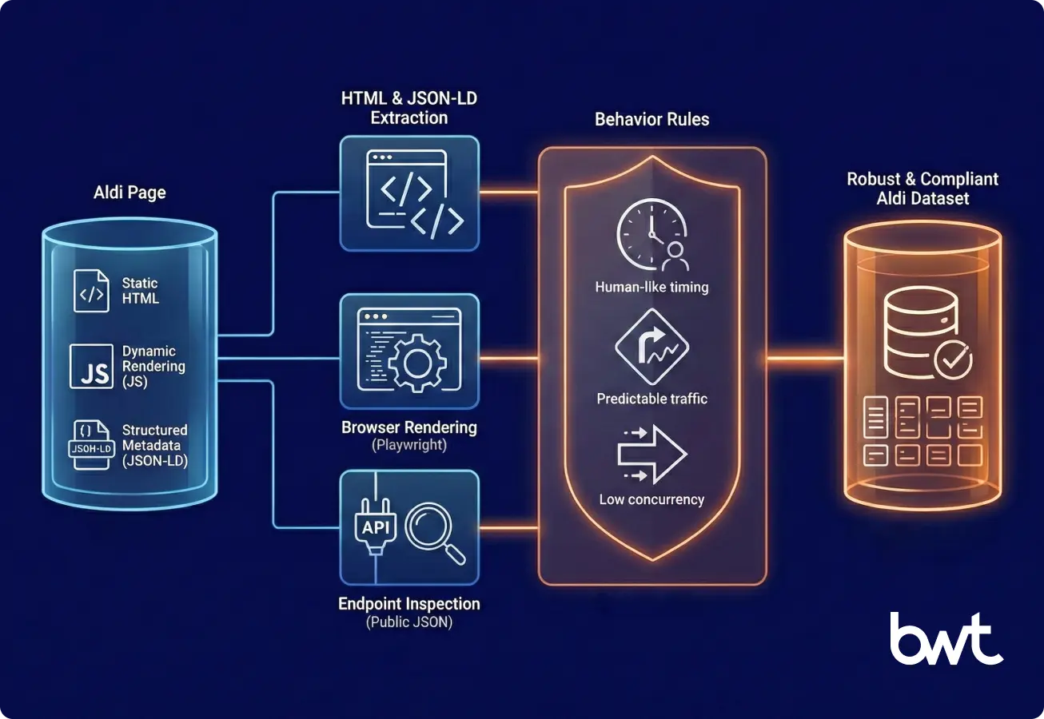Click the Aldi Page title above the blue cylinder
click(130, 193)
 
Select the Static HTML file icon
click(91, 291)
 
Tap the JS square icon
click(91, 366)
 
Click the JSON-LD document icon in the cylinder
click(90, 443)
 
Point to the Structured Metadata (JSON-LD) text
click(154, 445)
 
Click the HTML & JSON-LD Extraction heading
click(409, 108)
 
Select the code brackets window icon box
click(409, 193)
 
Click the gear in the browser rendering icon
click(414, 362)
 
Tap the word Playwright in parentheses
click(409, 446)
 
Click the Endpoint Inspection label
click(409, 604)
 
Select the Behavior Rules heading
click(652, 120)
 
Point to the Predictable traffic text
click(652, 398)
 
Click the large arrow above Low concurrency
click(652, 455)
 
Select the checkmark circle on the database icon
click(952, 359)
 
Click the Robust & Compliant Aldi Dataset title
click(922, 189)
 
